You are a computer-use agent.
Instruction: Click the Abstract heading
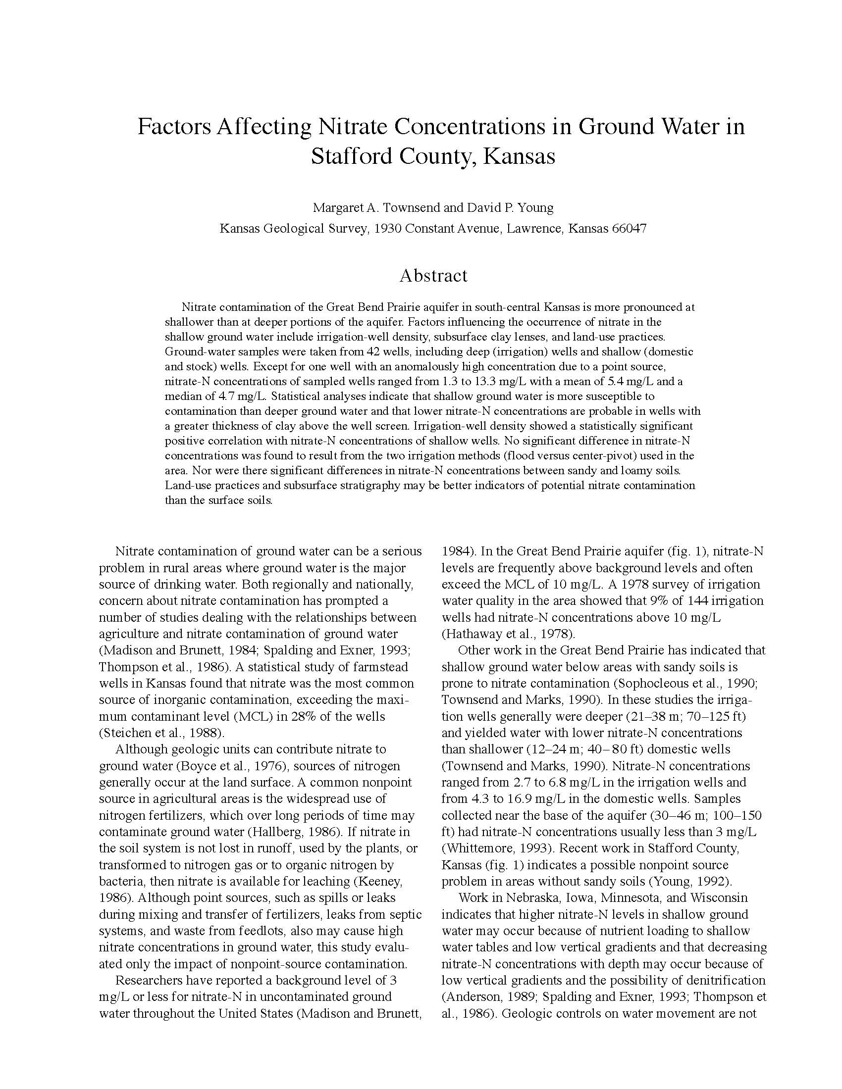click(433, 276)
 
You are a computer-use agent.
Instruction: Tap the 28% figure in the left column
click(317, 717)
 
